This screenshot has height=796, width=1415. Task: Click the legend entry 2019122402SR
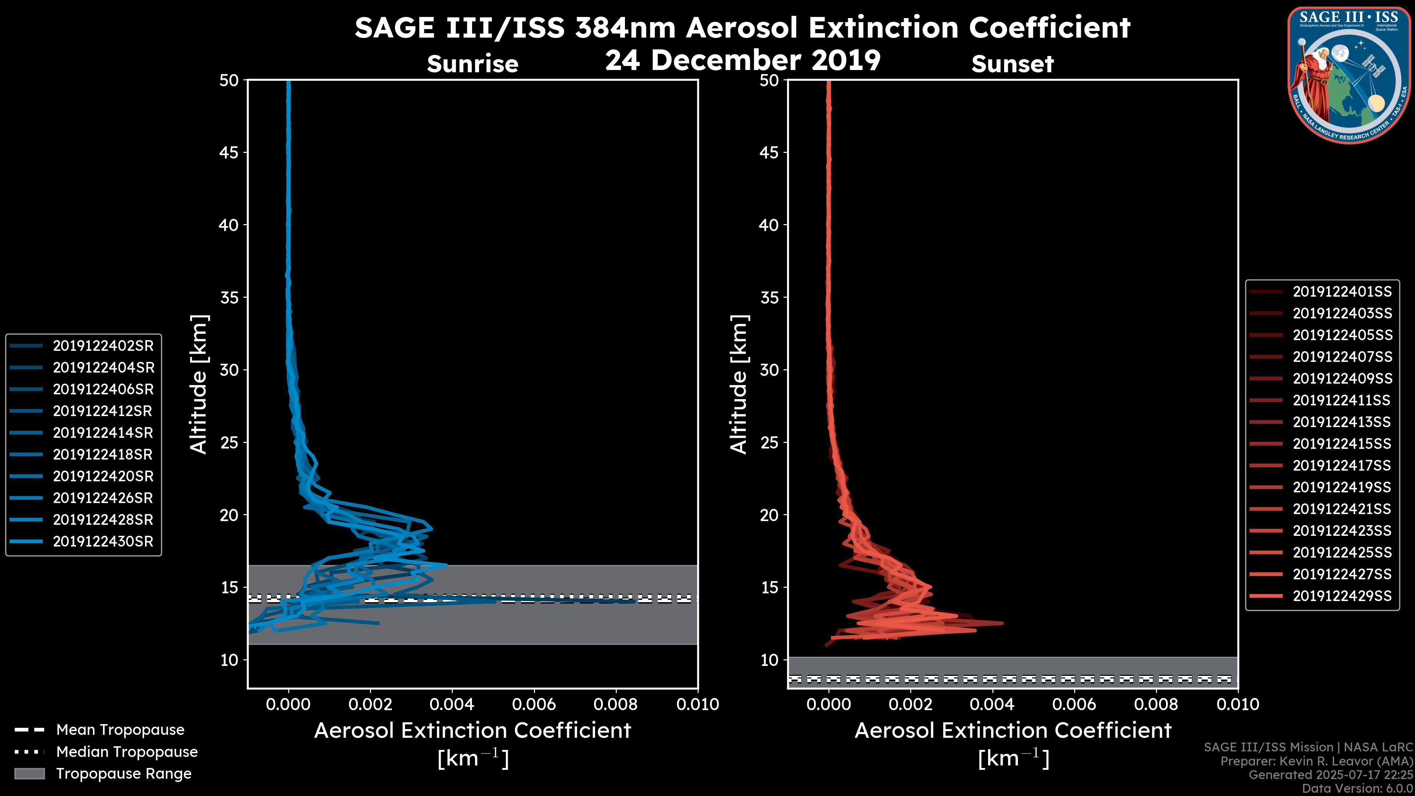tap(103, 346)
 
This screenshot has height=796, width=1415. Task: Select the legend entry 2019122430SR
tap(103, 541)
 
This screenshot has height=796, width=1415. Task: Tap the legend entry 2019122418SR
tap(103, 454)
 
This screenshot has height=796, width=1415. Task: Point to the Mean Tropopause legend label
tap(120, 730)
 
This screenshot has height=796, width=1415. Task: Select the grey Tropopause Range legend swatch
tap(29, 774)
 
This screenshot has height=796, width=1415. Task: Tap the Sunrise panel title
tap(472, 64)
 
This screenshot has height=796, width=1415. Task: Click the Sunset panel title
tap(1012, 64)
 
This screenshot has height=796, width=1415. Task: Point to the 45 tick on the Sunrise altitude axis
tap(229, 152)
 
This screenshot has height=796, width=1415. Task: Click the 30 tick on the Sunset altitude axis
tap(769, 370)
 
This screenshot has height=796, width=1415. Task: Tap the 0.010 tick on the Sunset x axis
tap(1238, 704)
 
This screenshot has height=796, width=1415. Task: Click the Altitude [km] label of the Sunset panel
tap(739, 384)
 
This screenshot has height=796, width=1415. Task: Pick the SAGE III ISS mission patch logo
tap(1348, 75)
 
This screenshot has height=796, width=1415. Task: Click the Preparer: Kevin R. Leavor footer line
tap(1316, 761)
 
